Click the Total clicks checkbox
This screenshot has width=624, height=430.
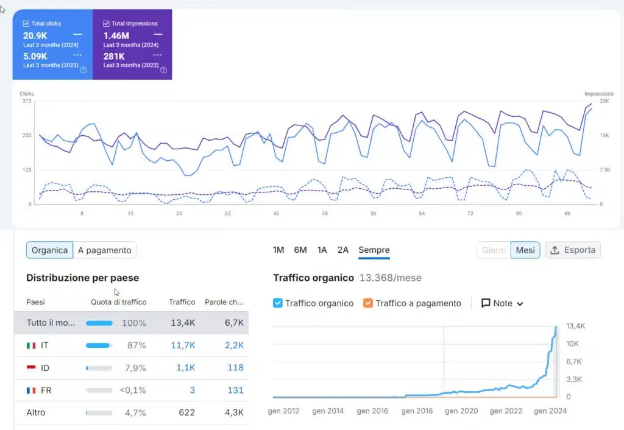[26, 24]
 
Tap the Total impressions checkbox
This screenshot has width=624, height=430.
[107, 24]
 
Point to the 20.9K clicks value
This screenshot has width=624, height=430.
[35, 35]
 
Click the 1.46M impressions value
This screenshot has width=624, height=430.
[116, 35]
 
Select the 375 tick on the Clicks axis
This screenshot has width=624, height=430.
[27, 101]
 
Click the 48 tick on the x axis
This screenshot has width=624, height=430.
[325, 214]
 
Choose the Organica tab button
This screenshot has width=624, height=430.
[49, 250]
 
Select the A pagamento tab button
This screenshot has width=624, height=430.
[105, 250]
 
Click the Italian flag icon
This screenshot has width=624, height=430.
[31, 345]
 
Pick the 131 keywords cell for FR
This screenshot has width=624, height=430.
[235, 390]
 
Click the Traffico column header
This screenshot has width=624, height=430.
[182, 302]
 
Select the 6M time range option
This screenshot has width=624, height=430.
[300, 250]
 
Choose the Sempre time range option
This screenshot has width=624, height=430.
[374, 250]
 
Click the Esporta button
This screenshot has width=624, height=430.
[573, 250]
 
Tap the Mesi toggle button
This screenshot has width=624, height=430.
[525, 250]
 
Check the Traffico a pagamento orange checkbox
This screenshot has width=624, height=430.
[367, 303]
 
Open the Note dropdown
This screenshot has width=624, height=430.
[503, 303]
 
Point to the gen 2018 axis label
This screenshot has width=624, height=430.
[417, 411]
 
